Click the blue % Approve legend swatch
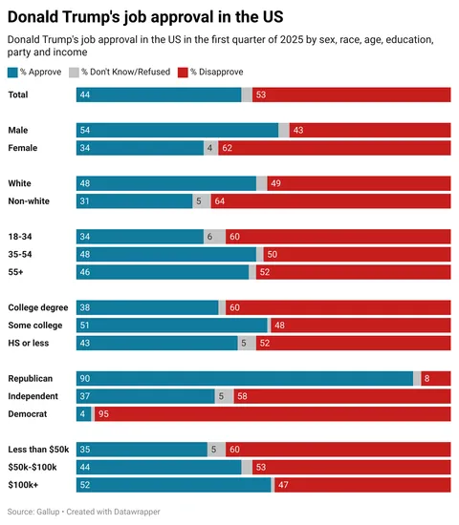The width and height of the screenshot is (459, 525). [x=12, y=73]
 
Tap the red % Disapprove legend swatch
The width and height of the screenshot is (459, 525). [x=184, y=73]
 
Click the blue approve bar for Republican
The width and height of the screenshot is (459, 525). [x=245, y=378]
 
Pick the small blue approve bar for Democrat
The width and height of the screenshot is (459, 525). [x=83, y=414]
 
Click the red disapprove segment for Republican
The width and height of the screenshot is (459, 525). [x=436, y=378]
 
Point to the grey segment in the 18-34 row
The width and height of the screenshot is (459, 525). [x=214, y=237]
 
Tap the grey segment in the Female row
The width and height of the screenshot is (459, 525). [x=210, y=148]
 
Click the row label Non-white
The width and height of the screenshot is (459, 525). [x=29, y=201]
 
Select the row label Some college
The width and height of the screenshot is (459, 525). [x=34, y=325]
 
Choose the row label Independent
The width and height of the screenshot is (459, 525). [x=33, y=396]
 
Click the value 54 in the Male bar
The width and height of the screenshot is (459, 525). [x=85, y=130]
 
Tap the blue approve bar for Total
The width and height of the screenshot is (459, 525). [x=159, y=94]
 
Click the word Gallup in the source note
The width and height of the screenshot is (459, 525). [x=48, y=513]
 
